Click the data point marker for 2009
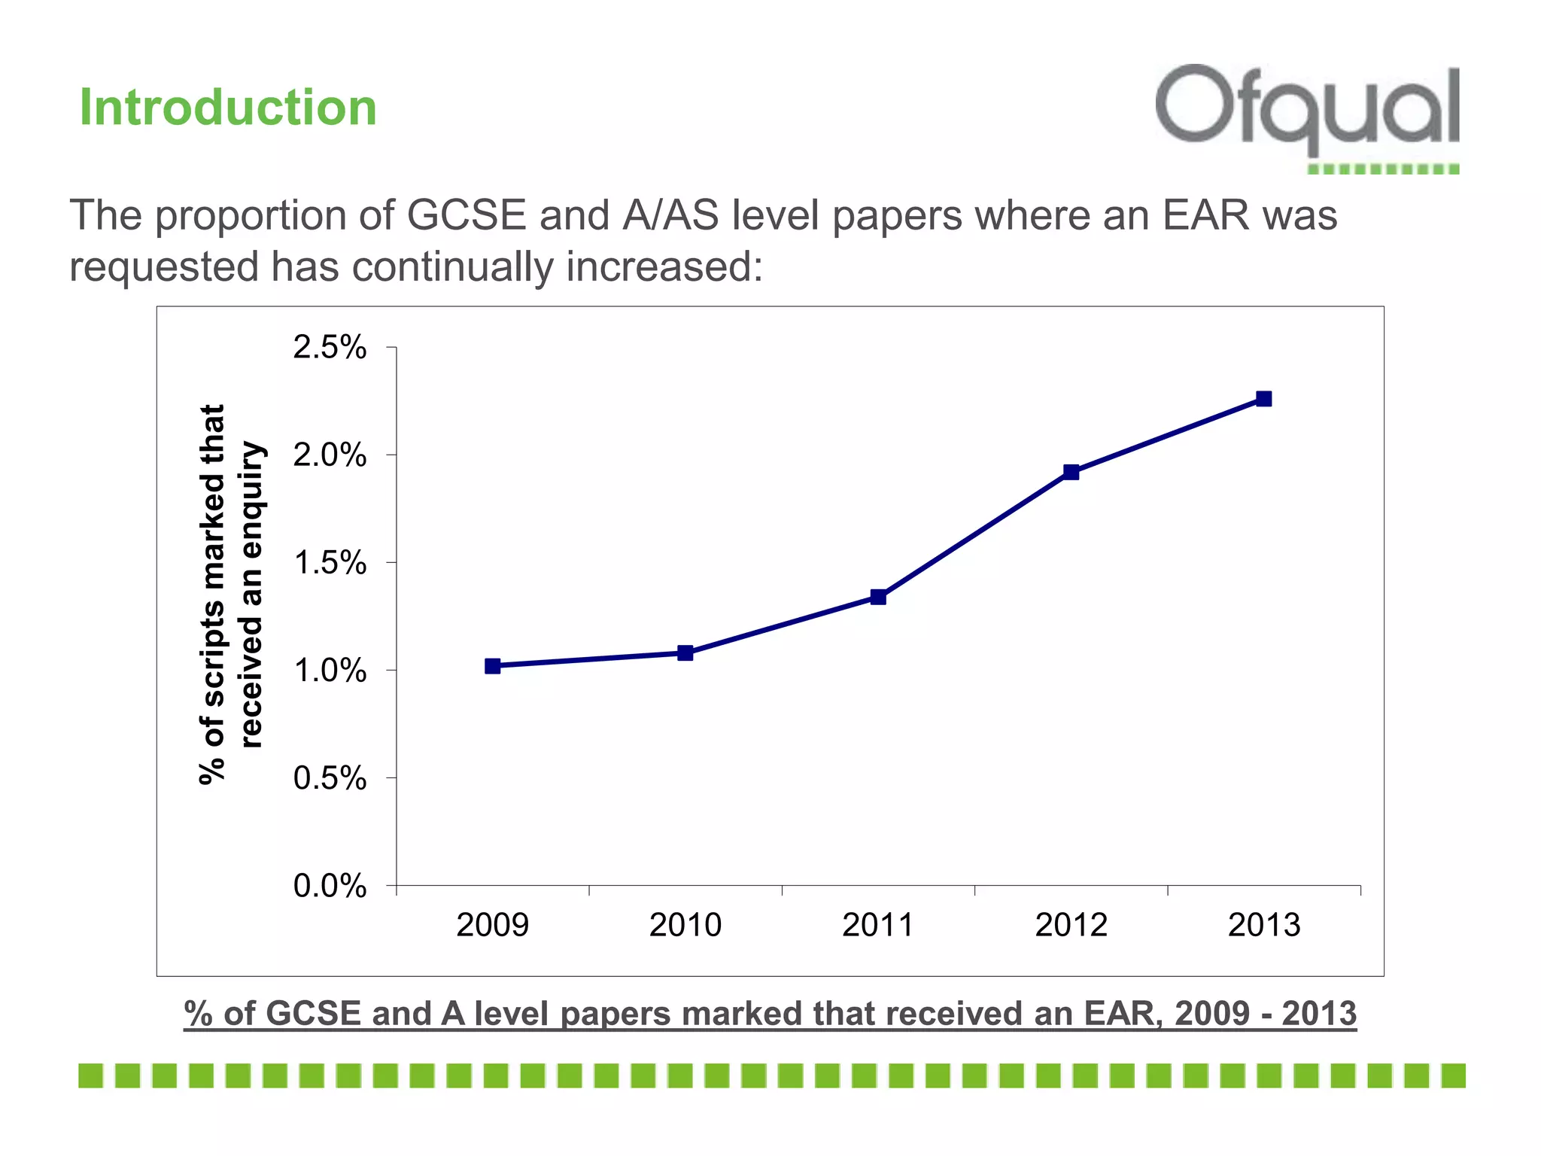[493, 666]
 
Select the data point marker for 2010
[685, 653]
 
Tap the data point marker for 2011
[878, 597]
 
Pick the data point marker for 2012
[1071, 472]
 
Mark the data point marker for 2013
[1264, 399]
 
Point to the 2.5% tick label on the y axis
[330, 348]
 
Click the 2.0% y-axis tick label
[330, 455]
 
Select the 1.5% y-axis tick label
[330, 563]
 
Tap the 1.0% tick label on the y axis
[330, 671]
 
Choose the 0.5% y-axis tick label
[330, 778]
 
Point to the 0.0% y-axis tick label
[330, 886]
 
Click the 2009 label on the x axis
[493, 925]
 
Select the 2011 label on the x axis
[878, 925]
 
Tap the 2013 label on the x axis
[1264, 925]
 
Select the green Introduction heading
[228, 108]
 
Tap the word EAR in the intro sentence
[1205, 215]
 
